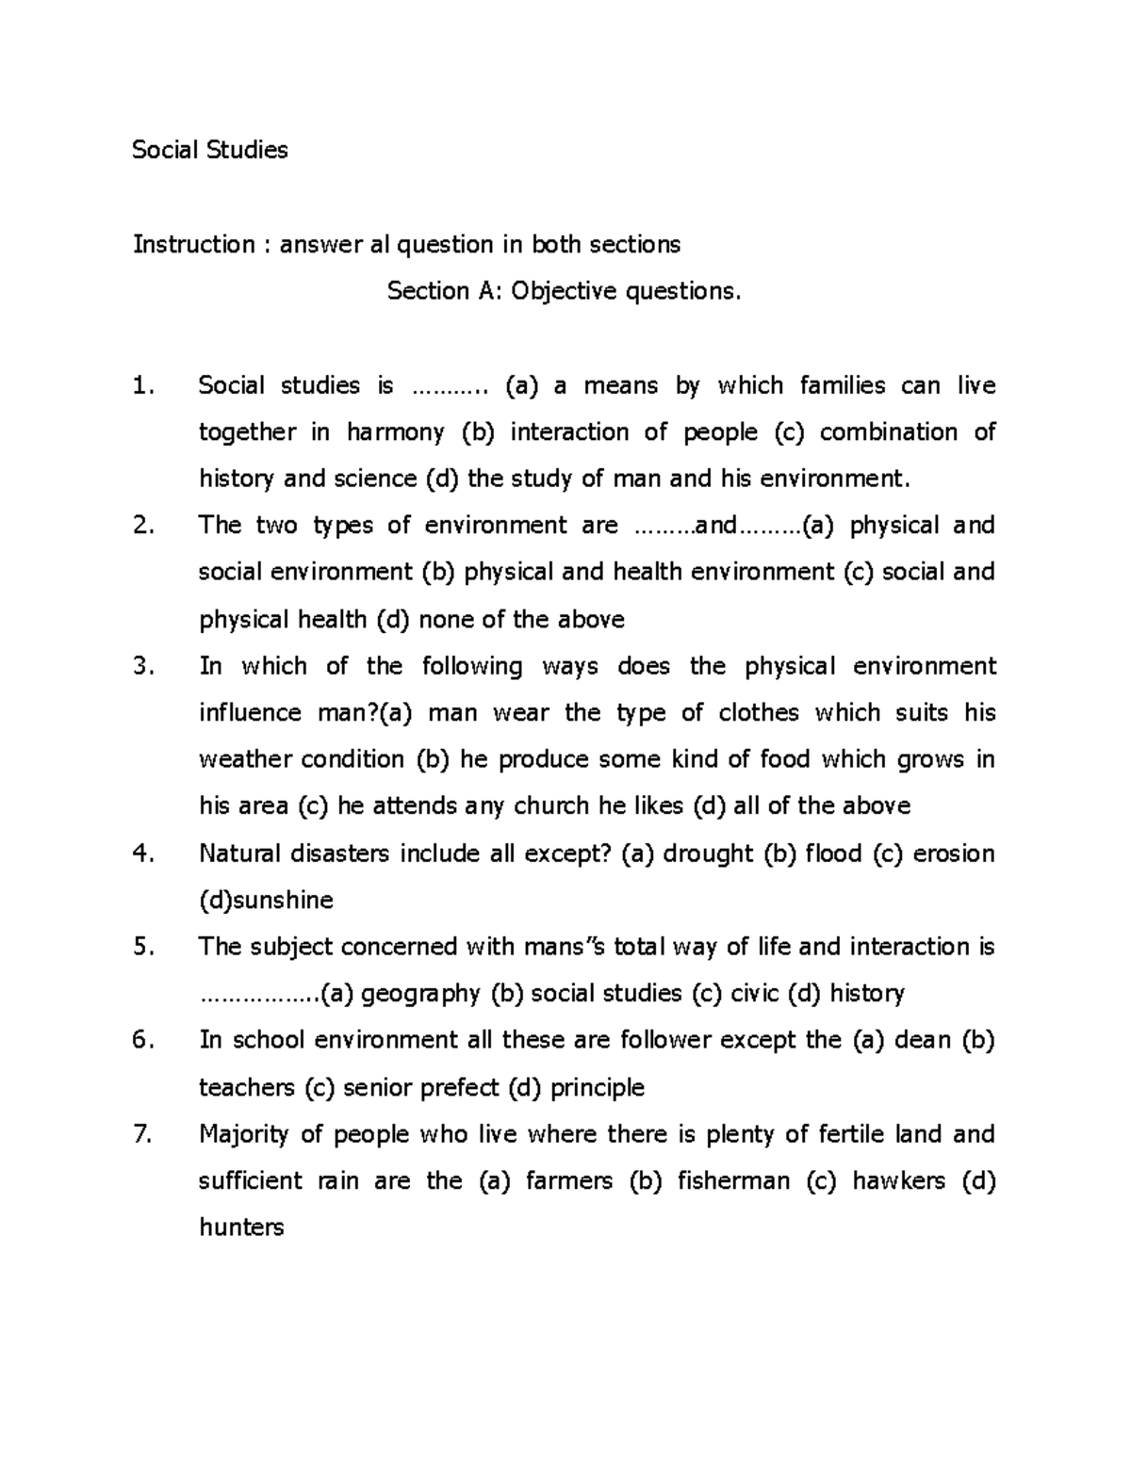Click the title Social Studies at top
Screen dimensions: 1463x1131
[x=209, y=150]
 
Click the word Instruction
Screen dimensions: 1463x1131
[x=193, y=245]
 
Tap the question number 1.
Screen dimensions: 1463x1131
[x=141, y=385]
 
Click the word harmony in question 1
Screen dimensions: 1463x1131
[x=395, y=432]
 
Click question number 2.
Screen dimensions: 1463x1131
[x=142, y=526]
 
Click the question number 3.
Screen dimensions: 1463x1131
[x=142, y=666]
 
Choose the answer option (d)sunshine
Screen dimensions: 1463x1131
[x=266, y=901]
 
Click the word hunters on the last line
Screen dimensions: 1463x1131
[x=240, y=1228]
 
